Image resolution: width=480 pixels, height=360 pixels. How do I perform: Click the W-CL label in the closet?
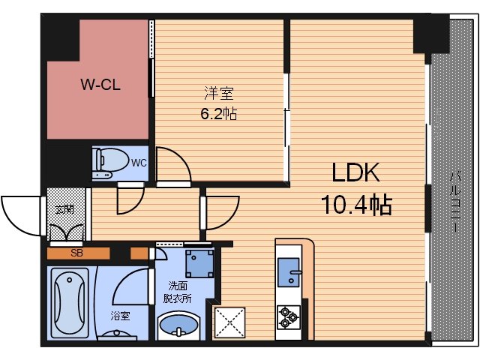click(x=101, y=85)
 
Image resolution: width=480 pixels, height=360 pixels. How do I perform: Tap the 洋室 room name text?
click(x=220, y=94)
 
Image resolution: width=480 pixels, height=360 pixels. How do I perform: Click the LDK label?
click(x=357, y=173)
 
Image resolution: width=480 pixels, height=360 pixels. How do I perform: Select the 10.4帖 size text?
click(x=357, y=203)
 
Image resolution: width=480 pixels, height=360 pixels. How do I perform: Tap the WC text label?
click(x=139, y=162)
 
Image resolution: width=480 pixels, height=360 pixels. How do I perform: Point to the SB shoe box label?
click(x=76, y=253)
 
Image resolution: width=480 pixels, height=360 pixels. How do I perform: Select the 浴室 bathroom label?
click(x=120, y=316)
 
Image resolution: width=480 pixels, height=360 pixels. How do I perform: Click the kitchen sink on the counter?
click(x=289, y=272)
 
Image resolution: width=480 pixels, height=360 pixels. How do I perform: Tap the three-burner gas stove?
click(x=289, y=317)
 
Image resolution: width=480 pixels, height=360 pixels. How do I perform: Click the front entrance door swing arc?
click(x=21, y=214)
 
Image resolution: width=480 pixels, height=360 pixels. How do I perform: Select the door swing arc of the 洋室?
click(x=172, y=165)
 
